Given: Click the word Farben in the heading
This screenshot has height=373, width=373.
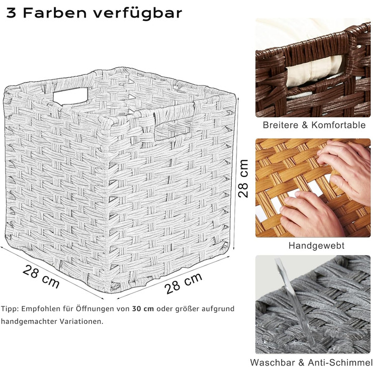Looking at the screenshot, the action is coord(55,13).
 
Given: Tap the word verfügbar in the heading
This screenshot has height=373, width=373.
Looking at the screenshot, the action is coord(137,14).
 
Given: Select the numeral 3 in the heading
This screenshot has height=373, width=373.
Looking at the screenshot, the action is coord(11,13).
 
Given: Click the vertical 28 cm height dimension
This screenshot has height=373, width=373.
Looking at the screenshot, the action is coord(243,179).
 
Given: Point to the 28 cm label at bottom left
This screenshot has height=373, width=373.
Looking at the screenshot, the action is coord(41,276).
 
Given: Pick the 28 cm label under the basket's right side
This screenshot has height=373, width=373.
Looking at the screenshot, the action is coord(183,283).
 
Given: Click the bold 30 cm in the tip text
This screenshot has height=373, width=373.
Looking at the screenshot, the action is coord(143,309).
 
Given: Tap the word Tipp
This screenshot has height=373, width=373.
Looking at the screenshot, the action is coord(10,309).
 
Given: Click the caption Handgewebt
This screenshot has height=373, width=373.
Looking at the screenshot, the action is coord(317,246).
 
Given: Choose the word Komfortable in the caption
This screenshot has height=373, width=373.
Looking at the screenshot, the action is coord(338,125).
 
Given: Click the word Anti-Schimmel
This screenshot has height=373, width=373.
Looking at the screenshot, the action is coord(340,362).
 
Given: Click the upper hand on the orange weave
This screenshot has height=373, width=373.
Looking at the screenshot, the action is coord(346,169).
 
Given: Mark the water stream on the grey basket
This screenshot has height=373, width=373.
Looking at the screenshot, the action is coord(295,302).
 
